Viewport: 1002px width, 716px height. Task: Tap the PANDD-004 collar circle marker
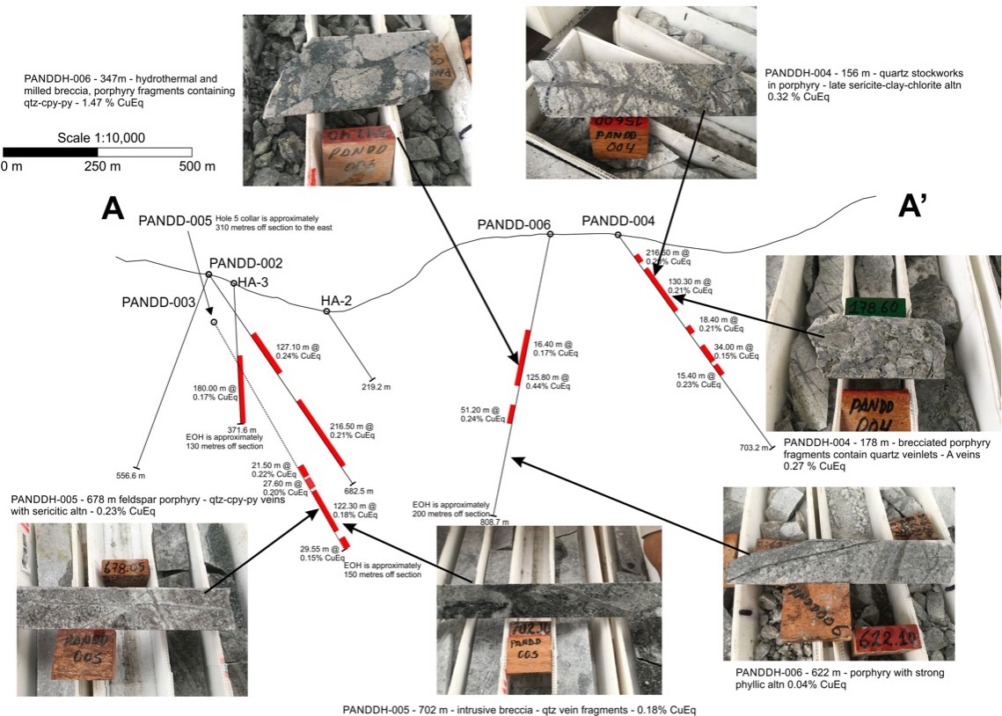618,235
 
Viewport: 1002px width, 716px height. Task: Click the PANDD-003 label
158,302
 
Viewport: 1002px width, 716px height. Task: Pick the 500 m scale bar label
196,166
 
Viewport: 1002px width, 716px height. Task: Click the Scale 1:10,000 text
100,138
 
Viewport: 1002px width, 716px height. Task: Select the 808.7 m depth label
494,522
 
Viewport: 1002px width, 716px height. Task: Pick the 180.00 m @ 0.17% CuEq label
216,392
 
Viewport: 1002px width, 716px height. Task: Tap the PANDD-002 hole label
245,263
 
